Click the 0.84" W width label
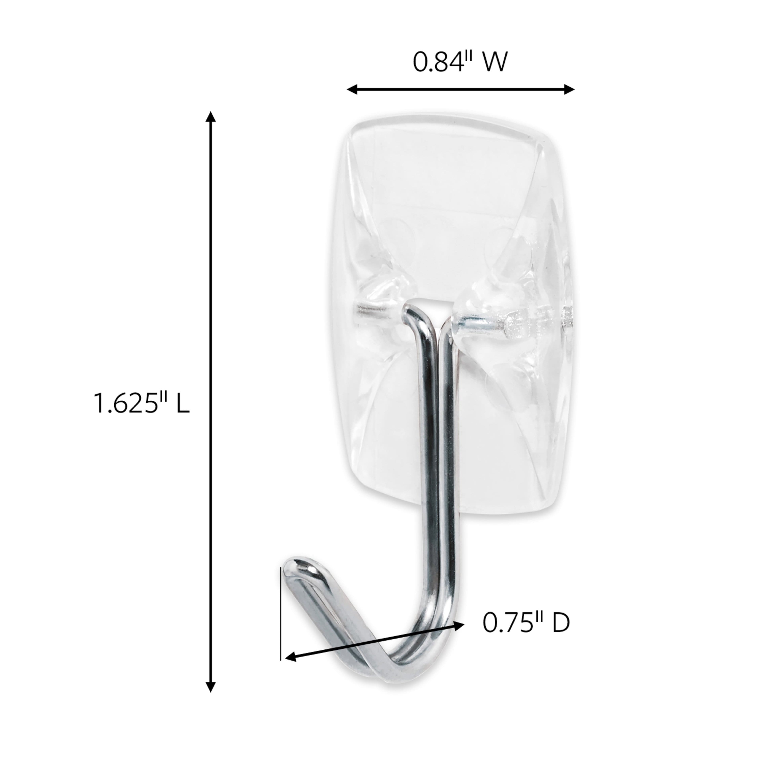(460, 63)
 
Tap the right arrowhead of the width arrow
(569, 89)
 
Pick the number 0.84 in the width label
(438, 63)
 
